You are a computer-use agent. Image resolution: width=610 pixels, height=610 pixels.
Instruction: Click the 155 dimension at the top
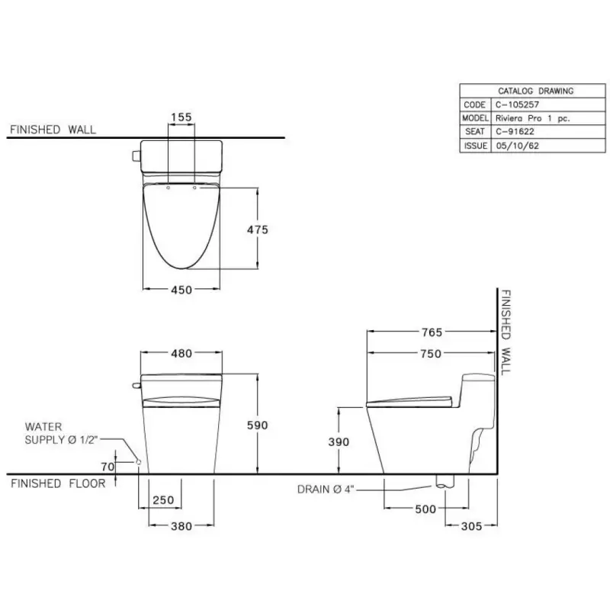point(181,117)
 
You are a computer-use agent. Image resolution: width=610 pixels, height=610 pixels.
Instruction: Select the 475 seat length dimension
point(258,230)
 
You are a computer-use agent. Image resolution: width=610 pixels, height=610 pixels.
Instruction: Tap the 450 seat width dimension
point(181,290)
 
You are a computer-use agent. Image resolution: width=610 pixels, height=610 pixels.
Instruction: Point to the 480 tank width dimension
point(181,353)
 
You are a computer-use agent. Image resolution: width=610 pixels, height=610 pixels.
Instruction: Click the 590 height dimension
point(258,425)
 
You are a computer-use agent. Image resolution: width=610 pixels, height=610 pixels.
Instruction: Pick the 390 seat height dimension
point(339,442)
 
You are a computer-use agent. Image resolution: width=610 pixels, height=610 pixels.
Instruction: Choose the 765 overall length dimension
point(432,332)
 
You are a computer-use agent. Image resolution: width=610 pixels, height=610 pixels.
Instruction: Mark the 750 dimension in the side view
point(431,354)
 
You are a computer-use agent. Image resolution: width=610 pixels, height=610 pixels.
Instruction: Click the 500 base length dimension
point(425,509)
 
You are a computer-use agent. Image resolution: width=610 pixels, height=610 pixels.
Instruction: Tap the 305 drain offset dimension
point(471,526)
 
